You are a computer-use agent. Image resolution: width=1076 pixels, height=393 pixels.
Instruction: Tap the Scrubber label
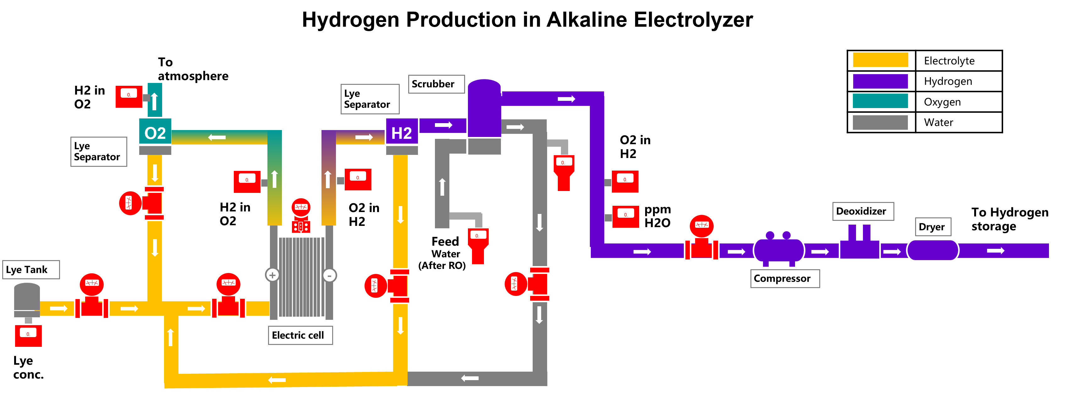[436, 84]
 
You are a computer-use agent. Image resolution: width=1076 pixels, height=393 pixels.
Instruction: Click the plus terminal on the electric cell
[272, 275]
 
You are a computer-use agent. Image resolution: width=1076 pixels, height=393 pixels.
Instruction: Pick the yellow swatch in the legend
[880, 60]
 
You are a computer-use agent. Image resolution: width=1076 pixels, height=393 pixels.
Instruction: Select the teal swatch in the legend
[880, 101]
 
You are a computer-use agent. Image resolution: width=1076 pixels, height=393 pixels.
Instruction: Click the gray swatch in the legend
[880, 123]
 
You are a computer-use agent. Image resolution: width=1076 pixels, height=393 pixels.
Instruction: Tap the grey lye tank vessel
[27, 299]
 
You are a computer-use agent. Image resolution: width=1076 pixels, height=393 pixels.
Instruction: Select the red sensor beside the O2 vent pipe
[129, 96]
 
